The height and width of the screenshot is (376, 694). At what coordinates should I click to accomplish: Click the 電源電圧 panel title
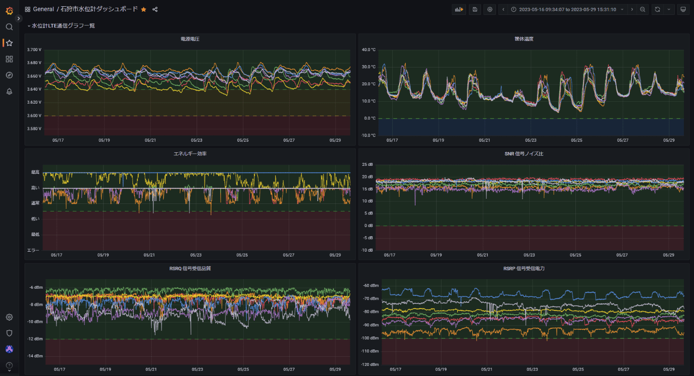point(190,39)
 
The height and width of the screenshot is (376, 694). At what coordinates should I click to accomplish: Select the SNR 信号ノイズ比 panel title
point(523,153)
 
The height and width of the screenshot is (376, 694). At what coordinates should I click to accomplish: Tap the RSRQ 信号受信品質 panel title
point(190,268)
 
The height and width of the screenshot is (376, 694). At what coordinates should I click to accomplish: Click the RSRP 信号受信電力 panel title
point(523,268)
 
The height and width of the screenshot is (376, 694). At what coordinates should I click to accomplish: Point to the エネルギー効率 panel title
point(190,153)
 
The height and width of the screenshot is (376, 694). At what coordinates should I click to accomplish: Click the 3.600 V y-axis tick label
point(35,116)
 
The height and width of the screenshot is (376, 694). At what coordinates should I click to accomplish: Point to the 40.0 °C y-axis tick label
point(369,50)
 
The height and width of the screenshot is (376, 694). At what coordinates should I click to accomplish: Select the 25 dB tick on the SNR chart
point(367,165)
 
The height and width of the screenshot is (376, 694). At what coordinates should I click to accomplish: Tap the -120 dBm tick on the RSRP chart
point(370,364)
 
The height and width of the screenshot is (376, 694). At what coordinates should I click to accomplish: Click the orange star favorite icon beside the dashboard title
point(144,9)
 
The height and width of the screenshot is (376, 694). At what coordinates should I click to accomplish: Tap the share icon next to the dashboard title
point(155,9)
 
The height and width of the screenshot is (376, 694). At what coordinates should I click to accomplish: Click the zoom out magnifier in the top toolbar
point(643,9)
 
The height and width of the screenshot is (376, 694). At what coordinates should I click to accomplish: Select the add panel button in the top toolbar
point(459,9)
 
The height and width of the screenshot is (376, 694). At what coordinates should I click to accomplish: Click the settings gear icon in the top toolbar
point(490,9)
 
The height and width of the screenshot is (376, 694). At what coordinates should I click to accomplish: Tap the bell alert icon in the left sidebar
point(9,92)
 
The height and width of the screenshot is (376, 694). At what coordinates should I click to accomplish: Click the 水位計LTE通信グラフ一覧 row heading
point(63,26)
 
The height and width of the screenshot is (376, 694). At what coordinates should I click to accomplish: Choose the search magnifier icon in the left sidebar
point(9,27)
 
